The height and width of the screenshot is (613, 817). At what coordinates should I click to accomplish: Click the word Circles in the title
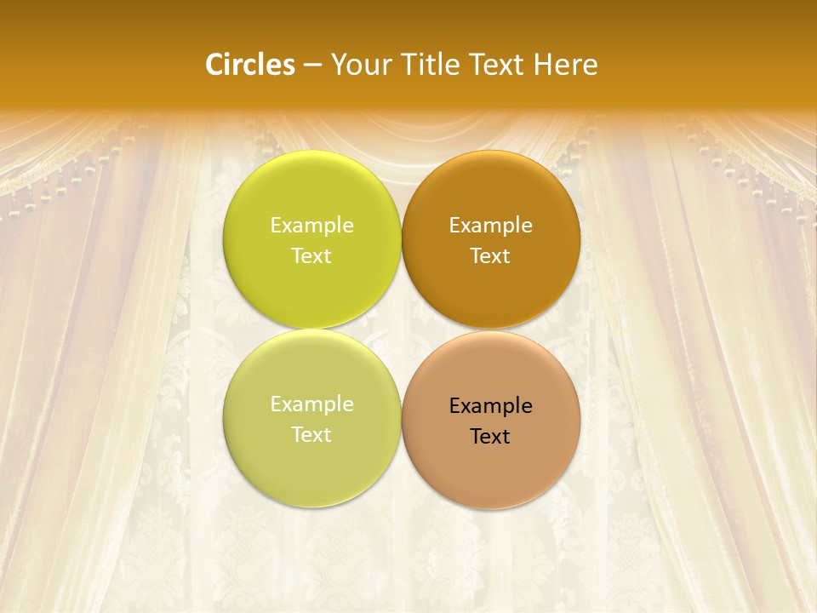click(250, 65)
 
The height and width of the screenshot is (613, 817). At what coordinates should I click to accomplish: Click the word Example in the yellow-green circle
click(311, 226)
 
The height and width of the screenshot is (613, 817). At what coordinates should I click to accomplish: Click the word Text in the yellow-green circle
click(311, 256)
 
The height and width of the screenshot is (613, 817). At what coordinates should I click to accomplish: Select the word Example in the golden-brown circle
click(490, 226)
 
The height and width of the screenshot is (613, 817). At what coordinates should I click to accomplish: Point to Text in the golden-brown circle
click(490, 256)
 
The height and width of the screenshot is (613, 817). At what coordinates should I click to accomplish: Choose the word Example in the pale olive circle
click(311, 404)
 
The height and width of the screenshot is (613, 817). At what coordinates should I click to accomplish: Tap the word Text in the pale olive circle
click(311, 435)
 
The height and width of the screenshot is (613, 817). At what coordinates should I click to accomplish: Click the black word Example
click(490, 406)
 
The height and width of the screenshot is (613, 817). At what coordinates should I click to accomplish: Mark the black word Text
click(490, 437)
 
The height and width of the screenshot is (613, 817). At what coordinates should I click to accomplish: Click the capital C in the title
click(214, 65)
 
